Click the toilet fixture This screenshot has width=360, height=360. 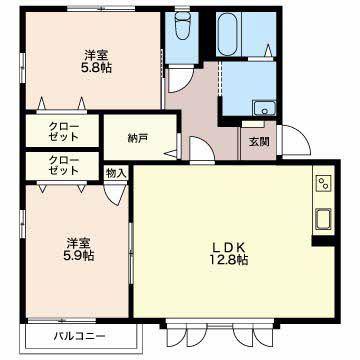pos(181,26)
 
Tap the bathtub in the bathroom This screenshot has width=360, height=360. pos(228,34)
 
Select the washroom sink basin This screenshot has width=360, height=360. pos(264,108)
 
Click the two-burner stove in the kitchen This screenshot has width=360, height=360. pos(323,183)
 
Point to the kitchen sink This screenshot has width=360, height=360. pos(323,219)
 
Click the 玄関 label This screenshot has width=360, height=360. pos(259,142)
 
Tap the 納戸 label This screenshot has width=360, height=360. pos(137,137)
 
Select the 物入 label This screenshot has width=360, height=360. pos(116,173)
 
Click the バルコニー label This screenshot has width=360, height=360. pos(80,336)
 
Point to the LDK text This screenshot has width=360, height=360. pos(230,247)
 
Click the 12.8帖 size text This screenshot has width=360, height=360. pos(229,259)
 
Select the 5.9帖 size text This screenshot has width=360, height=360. pos(79,256)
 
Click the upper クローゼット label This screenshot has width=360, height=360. pos(63,131)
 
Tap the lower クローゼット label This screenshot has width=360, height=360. pos(63,166)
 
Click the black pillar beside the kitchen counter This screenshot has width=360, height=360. pos(323,241)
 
